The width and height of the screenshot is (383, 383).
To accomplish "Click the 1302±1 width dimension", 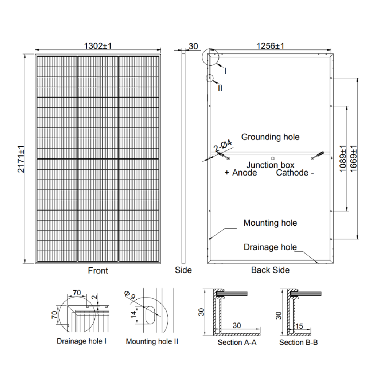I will pyautogui.click(x=98, y=46).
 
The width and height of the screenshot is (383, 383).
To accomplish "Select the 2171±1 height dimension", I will pyautogui.click(x=21, y=159).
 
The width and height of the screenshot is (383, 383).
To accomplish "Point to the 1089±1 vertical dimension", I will pyautogui.click(x=343, y=158).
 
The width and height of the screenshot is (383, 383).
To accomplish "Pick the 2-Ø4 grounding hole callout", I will pyautogui.click(x=223, y=146).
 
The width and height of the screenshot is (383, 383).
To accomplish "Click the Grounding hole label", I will pyautogui.click(x=270, y=137).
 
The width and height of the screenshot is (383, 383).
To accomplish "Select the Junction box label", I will pyautogui.click(x=270, y=165).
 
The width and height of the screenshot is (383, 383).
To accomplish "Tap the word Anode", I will pyautogui.click(x=244, y=173).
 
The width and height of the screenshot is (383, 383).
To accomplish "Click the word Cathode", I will pyautogui.click(x=292, y=173).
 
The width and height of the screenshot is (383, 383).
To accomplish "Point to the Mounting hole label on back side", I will pyautogui.click(x=270, y=223).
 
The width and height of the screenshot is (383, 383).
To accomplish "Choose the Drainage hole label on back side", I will pyautogui.click(x=270, y=247).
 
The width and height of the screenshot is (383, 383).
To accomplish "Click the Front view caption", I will pyautogui.click(x=98, y=271).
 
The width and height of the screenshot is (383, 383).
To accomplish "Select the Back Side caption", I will pyautogui.click(x=270, y=270).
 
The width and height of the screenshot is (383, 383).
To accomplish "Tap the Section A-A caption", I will pyautogui.click(x=237, y=342).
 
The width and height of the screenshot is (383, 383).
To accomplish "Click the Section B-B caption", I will pyautogui.click(x=298, y=342).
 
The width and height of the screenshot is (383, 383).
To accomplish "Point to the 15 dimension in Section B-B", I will pyautogui.click(x=300, y=326).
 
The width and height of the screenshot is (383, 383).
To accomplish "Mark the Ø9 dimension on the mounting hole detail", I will pyautogui.click(x=131, y=295).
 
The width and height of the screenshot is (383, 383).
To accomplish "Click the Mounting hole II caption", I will pyautogui.click(x=152, y=341).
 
